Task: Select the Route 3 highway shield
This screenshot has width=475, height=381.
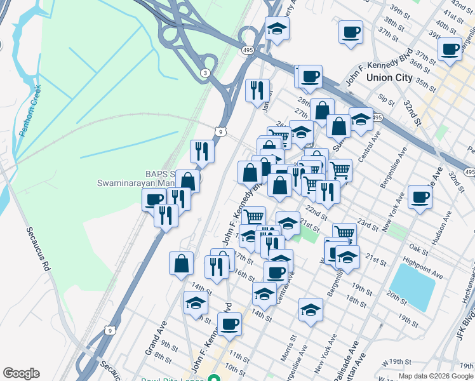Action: coord(204,74)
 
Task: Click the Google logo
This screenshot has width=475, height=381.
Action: coord(21,373)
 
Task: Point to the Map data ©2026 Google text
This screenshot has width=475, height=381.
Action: coord(436,377)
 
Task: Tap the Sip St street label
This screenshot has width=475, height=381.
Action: coord(385,98)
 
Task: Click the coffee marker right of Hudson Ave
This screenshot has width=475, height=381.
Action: coord(420,196)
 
